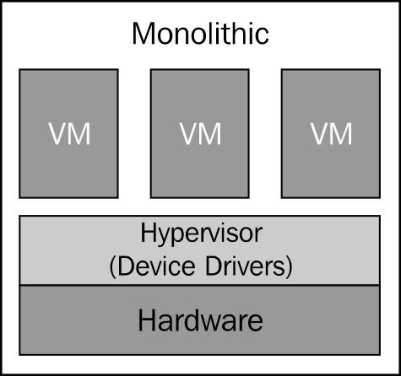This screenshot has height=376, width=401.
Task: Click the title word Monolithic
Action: (200, 34)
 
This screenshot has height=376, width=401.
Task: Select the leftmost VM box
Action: (68, 133)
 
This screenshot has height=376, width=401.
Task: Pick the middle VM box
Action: (200, 133)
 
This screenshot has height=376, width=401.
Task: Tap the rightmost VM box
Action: (331, 133)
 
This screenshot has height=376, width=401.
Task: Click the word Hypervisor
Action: (202, 234)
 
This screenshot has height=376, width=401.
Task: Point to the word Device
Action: (156, 266)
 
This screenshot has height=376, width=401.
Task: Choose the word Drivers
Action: (246, 266)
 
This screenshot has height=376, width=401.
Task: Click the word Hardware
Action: (200, 320)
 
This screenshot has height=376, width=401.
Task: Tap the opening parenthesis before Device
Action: (112, 267)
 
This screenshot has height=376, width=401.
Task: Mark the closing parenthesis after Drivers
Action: (290, 267)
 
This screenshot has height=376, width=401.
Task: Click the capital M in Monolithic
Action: (144, 34)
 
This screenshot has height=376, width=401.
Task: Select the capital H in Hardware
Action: (147, 320)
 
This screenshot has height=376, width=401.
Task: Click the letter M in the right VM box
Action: (341, 133)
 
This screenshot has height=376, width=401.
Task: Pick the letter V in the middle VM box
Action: (189, 133)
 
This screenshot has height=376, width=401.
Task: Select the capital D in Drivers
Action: (214, 266)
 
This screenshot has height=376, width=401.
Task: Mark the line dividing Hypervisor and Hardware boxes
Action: (200, 285)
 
